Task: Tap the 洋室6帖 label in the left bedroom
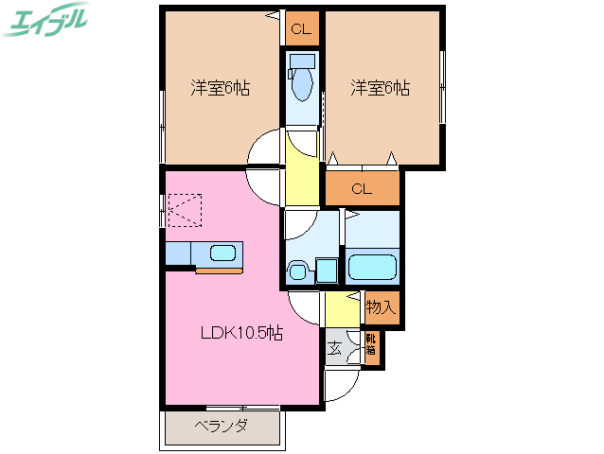pos(220,89)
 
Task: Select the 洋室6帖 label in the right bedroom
pos(380,89)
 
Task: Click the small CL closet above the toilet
pos(300,29)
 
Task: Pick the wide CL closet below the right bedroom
pos(362,188)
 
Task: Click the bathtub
pos(373,266)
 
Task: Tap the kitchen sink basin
pos(223,253)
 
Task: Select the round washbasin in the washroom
pos(297,271)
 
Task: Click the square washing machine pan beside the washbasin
pos(327,271)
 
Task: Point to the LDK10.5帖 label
pos(240,333)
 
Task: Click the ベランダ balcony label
pos(222,427)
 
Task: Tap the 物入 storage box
pos(381,306)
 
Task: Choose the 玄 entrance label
pos(335,347)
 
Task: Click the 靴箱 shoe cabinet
pos(371,347)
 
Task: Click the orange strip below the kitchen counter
pos(219,271)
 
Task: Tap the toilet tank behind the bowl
pos(302,60)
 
